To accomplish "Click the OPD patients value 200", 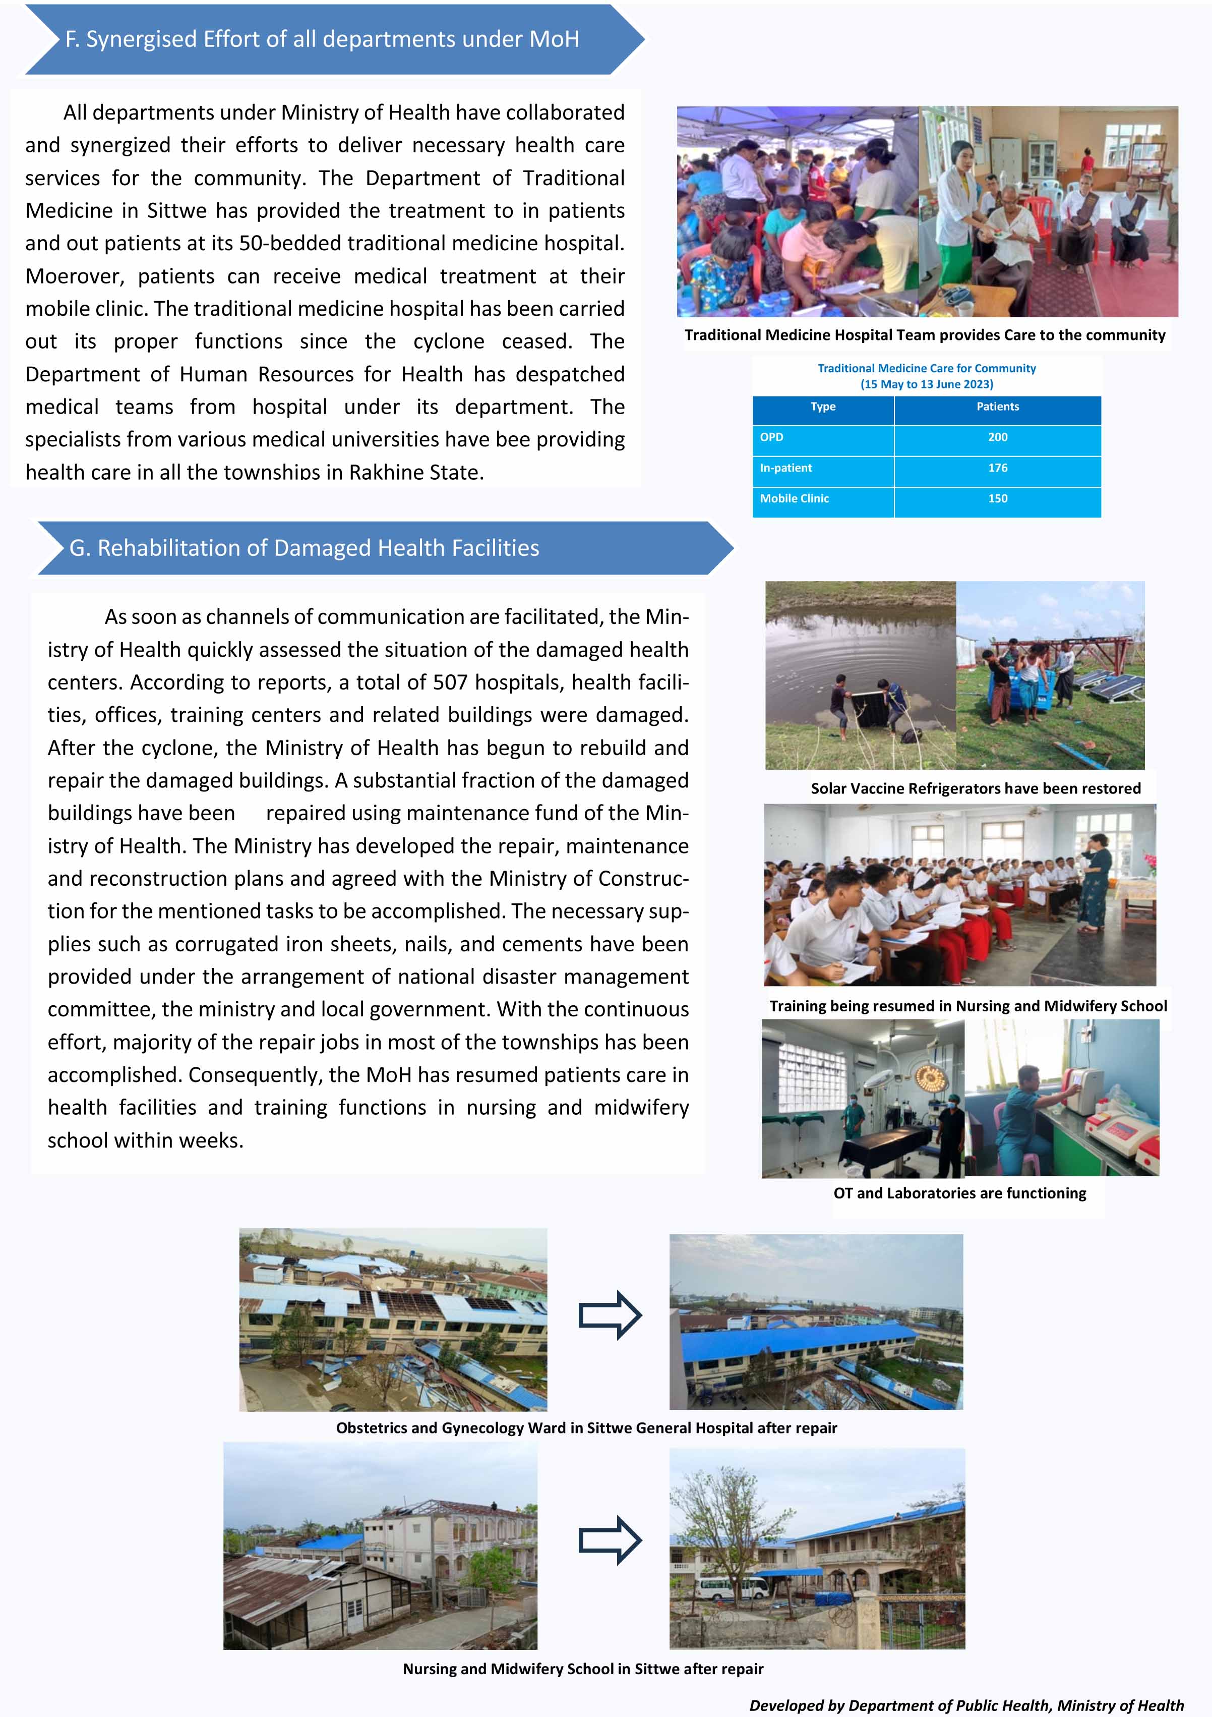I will pyautogui.click(x=997, y=437).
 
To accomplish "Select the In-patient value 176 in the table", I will pyautogui.click(x=997, y=468).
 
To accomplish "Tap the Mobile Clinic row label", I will pyautogui.click(x=794, y=499).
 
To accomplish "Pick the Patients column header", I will pyautogui.click(x=997, y=407).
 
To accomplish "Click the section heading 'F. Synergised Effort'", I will pyautogui.click(x=322, y=40).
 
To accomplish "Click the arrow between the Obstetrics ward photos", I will pyautogui.click(x=610, y=1314).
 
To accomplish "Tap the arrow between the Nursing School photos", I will pyautogui.click(x=610, y=1540).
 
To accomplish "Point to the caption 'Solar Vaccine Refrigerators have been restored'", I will pyautogui.click(x=975, y=789).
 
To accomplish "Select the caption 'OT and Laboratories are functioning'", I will pyautogui.click(x=959, y=1193).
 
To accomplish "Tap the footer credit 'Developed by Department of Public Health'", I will pyautogui.click(x=966, y=1705).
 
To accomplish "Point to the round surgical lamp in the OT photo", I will pyautogui.click(x=931, y=1077).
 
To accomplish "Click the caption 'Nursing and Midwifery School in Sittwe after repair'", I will pyautogui.click(x=582, y=1669).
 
